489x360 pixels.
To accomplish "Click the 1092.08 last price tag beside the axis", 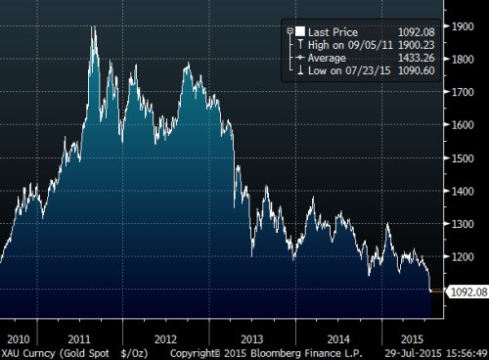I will (465, 291).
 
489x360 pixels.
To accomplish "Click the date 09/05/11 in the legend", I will (361, 44).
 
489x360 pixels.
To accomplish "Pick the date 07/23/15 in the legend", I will (361, 69).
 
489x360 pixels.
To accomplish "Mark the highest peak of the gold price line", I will (94, 26).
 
